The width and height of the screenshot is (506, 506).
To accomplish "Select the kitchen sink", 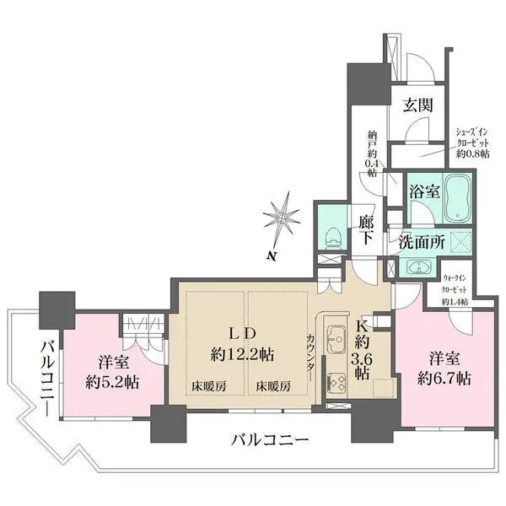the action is [336, 340].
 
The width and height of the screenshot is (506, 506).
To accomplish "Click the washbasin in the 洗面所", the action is [418, 266].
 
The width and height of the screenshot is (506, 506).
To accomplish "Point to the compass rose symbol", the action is [282, 218].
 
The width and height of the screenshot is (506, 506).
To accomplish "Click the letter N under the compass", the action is [272, 256].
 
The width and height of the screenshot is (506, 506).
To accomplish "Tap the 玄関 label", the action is [417, 105].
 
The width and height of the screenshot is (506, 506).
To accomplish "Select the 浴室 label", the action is [424, 191].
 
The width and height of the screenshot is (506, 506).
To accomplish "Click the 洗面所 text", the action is [422, 242].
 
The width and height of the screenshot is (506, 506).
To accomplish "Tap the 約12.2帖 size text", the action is [242, 355].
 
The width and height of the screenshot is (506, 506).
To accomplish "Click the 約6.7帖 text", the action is [444, 379].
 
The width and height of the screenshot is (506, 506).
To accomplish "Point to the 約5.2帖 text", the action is [112, 382].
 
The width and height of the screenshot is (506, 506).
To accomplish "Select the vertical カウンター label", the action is [310, 358].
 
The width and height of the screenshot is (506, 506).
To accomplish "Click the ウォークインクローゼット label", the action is [455, 289].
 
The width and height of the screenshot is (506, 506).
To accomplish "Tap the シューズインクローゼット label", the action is [472, 143].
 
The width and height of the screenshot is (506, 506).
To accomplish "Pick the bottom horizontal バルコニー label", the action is [270, 439].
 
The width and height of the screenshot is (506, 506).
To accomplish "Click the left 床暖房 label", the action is [209, 386].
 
